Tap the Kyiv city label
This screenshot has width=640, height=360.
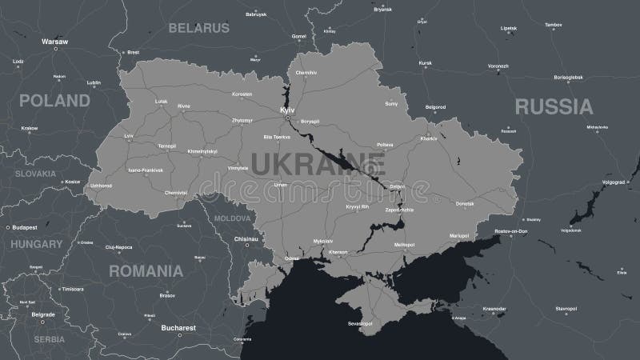click(x=287, y=109)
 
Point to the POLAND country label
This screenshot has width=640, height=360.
click(x=54, y=101)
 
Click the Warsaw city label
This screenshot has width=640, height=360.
click(x=54, y=40)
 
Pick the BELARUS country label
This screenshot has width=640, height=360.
click(x=198, y=28)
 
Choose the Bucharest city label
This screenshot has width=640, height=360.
click(x=178, y=327)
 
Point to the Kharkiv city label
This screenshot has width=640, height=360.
click(x=429, y=138)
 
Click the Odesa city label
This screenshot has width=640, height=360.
click(x=292, y=259)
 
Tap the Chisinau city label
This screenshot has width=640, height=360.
click(x=245, y=238)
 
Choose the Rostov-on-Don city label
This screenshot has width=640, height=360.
click(x=511, y=231)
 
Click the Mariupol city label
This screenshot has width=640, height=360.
click(x=458, y=236)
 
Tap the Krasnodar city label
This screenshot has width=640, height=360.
click(x=494, y=309)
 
